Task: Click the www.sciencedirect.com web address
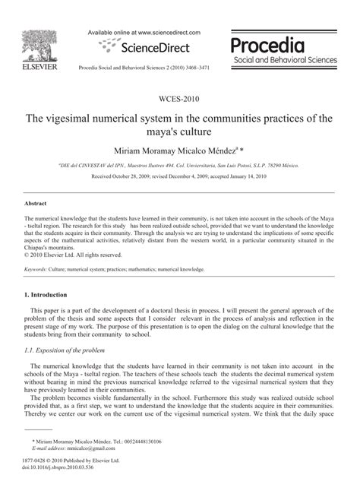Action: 166,33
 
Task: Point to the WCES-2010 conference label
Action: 179,101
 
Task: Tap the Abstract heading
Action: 36,204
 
